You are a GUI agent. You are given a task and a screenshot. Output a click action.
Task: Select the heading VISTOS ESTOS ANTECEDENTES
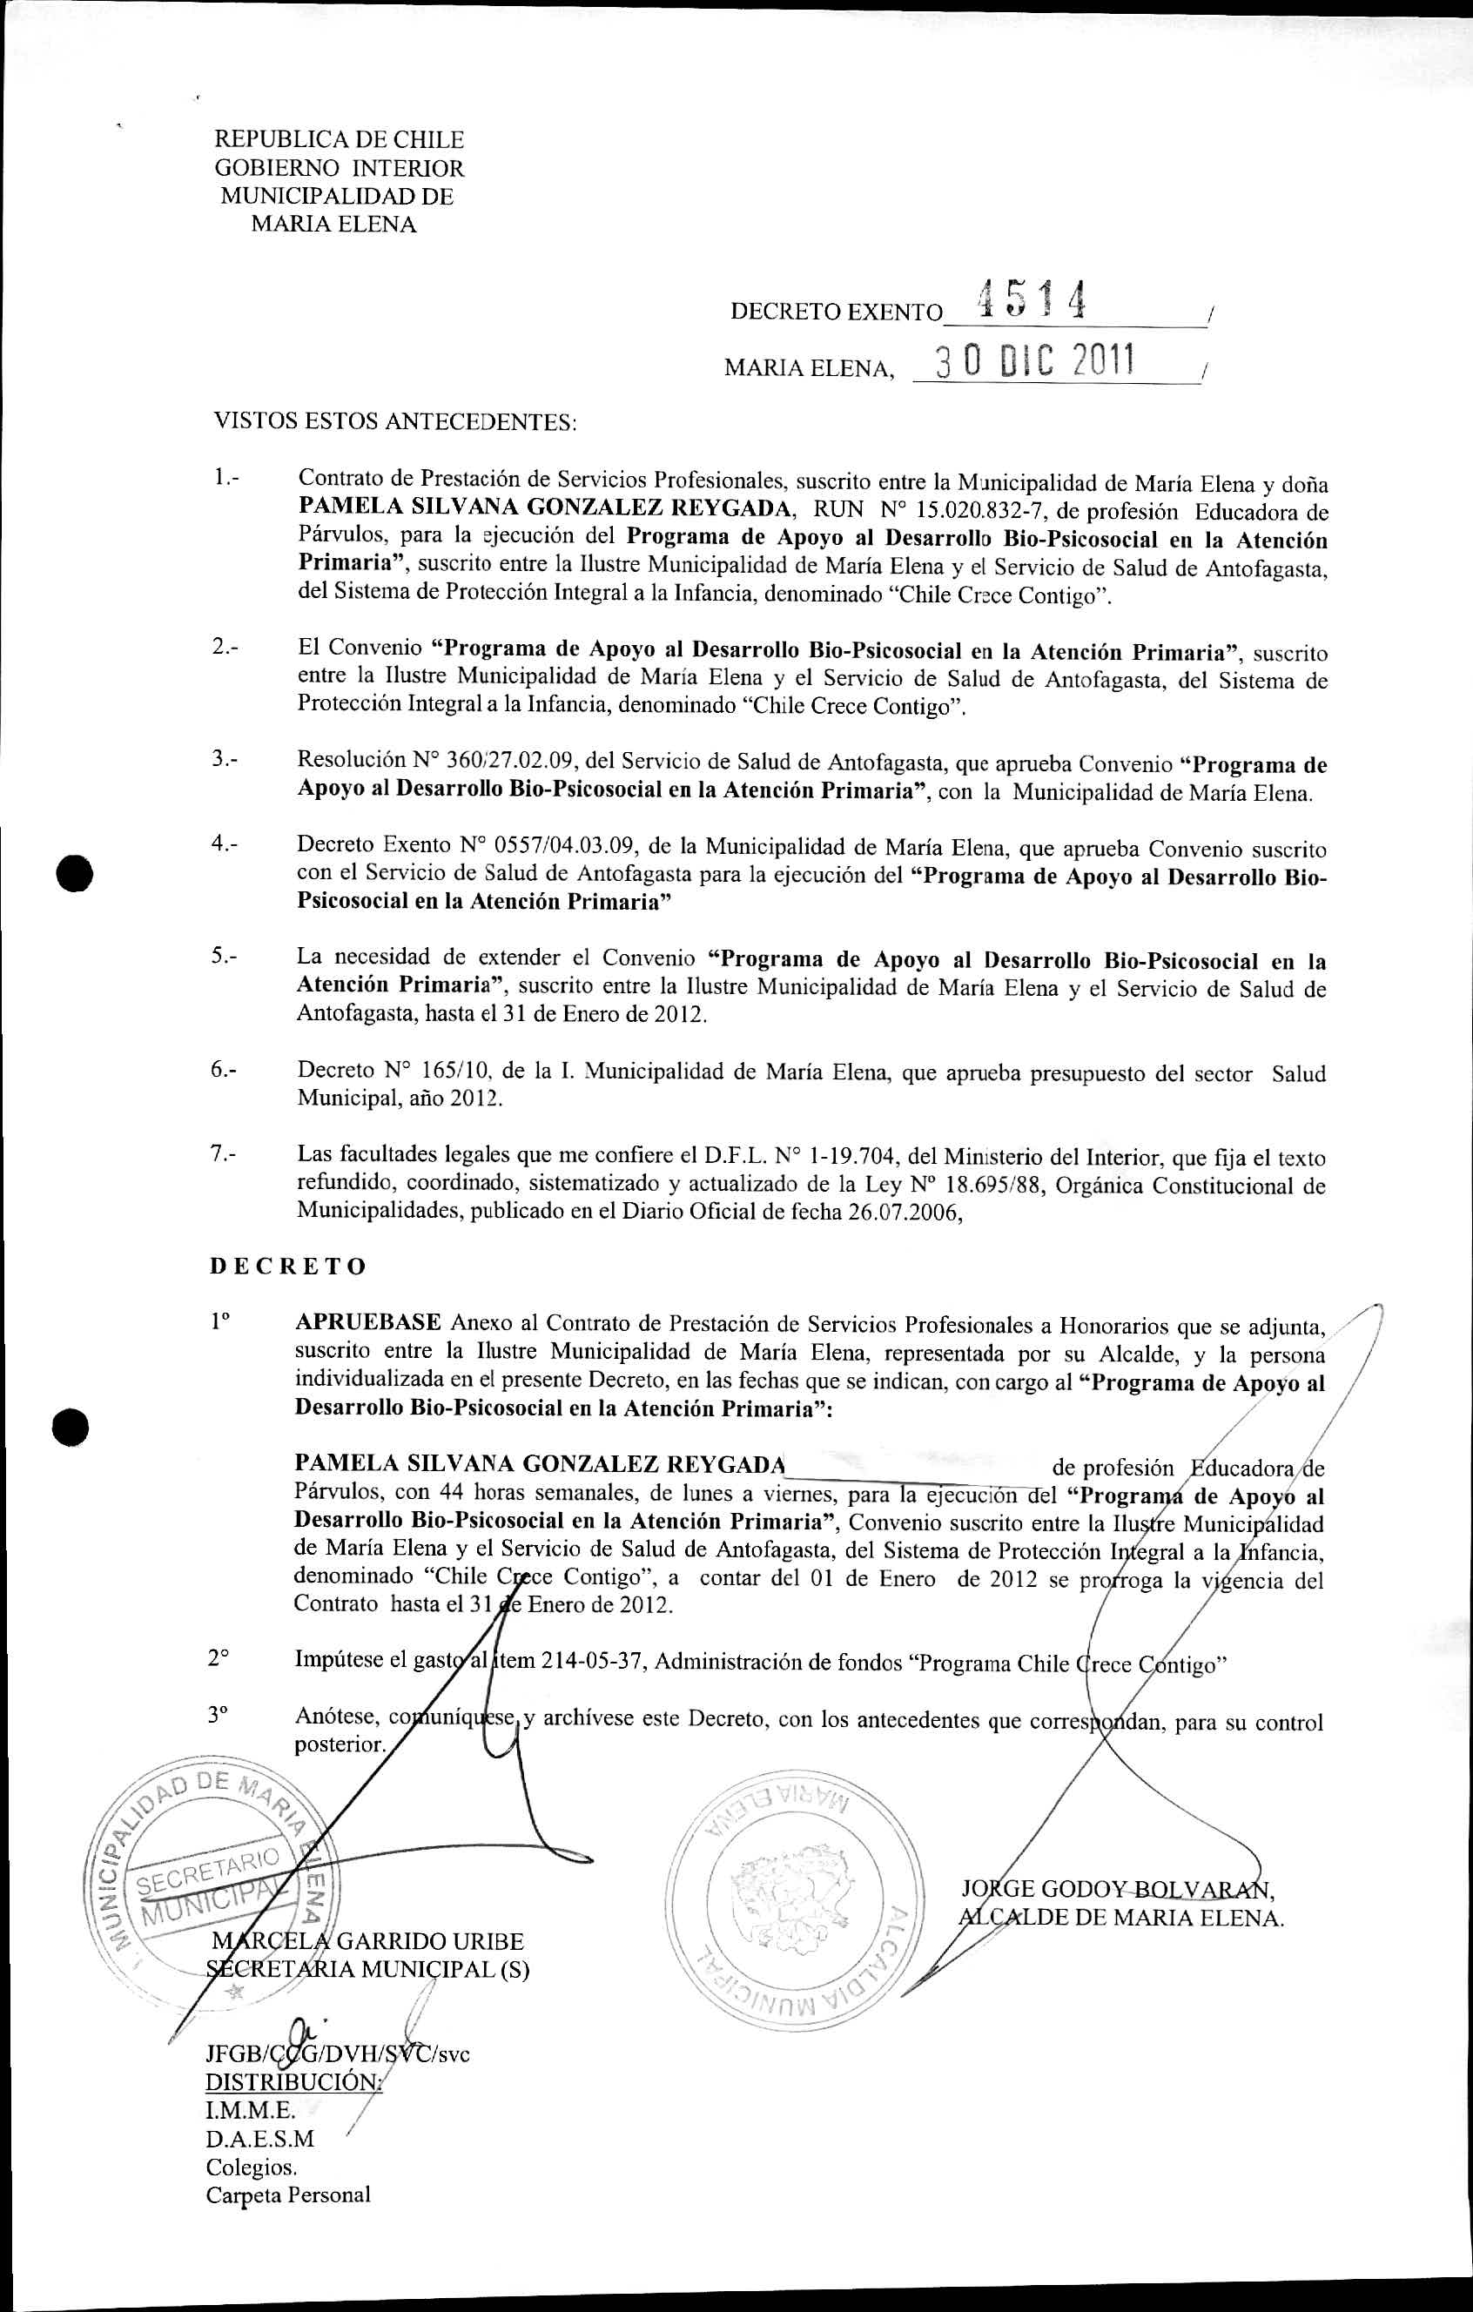[394, 421]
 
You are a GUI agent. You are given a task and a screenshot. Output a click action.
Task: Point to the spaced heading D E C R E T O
[288, 1267]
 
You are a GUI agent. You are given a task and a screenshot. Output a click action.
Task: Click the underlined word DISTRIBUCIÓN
[293, 2081]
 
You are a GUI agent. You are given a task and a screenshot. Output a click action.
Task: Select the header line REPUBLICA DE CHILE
[339, 140]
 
